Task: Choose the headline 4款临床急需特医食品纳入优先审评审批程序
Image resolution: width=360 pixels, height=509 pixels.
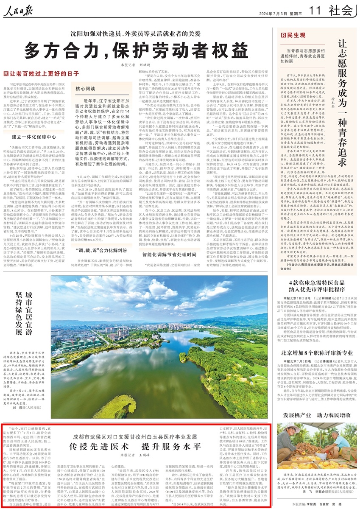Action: [x=315, y=285]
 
